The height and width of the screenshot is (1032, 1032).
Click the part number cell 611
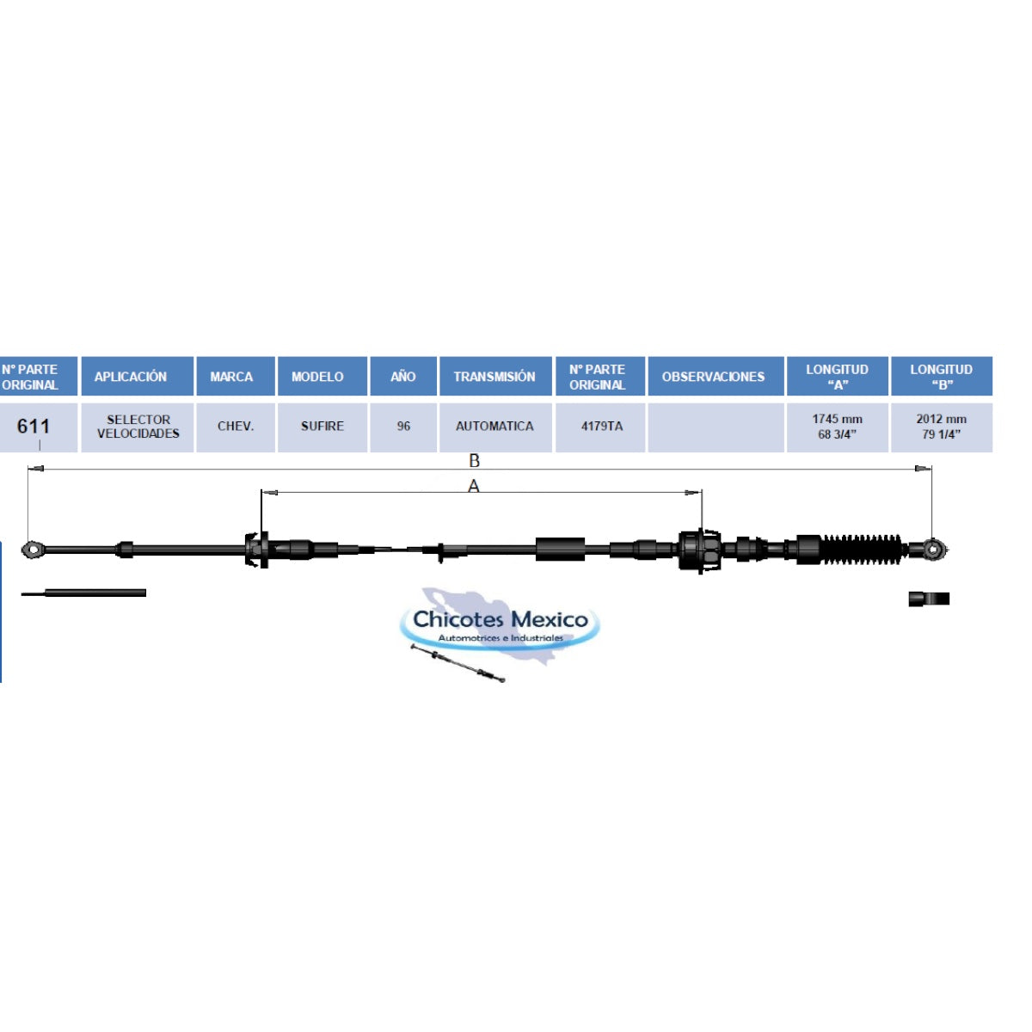coord(34,427)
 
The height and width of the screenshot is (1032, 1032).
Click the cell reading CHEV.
coord(235,427)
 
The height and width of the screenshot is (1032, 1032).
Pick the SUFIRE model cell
coord(322,427)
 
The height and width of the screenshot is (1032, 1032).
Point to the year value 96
coord(403,427)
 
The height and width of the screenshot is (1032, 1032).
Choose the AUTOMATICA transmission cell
coord(494,427)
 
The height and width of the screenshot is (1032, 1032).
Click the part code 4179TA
coord(601,427)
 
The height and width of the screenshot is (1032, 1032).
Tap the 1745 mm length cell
coord(837,427)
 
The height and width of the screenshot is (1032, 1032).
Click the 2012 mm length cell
coord(941,427)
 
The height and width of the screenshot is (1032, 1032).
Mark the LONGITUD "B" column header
coord(941,376)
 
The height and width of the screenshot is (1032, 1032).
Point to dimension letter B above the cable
coord(474,460)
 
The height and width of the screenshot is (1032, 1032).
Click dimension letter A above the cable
coord(473,486)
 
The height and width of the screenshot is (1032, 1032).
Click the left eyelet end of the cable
coord(34,549)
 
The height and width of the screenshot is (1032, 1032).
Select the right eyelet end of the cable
coord(934,549)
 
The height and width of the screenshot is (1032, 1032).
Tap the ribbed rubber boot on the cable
coord(861,550)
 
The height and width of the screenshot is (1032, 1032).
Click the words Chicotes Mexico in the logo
coord(501,619)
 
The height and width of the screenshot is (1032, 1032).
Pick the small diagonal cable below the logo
coord(458,663)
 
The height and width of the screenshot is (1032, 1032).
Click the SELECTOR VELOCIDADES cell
coord(138,427)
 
